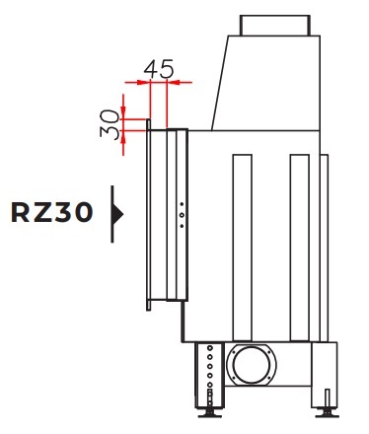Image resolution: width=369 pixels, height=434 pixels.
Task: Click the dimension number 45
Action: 159,69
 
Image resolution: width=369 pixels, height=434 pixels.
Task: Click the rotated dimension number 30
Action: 110,124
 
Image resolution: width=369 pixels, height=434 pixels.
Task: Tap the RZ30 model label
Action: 52,212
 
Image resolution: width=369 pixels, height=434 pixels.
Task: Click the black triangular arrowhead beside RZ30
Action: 117,214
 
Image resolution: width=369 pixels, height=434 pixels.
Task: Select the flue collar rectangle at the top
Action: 275,26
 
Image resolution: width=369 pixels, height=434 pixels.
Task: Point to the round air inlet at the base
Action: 252,364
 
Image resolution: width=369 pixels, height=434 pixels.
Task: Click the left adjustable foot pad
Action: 209,414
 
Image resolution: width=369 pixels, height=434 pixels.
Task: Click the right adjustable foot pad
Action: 328,413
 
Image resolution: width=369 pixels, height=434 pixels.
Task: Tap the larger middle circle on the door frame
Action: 182,215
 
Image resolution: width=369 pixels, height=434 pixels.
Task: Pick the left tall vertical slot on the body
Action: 243,248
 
